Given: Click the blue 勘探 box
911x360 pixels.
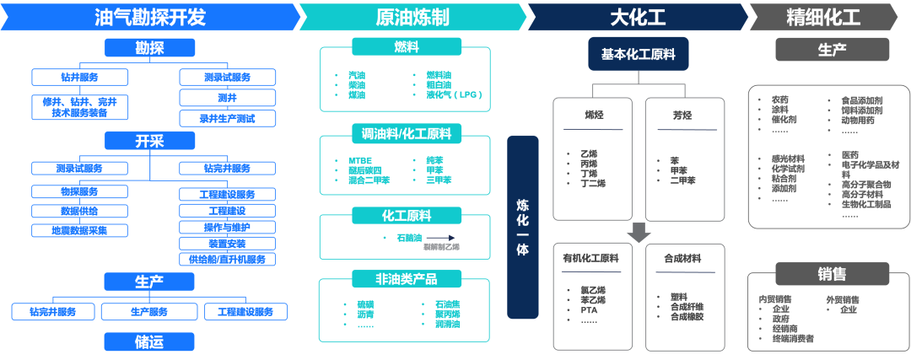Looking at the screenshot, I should [149, 48].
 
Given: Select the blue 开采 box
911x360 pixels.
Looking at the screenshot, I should [149, 140].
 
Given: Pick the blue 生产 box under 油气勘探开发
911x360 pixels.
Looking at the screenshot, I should [149, 281].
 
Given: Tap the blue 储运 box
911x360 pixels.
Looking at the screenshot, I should [149, 341].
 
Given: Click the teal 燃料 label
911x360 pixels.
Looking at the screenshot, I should [406, 46].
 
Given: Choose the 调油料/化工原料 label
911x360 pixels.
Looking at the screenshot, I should [406, 133].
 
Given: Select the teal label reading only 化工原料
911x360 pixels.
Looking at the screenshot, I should [406, 216].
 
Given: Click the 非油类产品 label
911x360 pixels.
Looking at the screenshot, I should [406, 278].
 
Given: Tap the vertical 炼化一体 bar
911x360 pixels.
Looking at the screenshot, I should [523, 227].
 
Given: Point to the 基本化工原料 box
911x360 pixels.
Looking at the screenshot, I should [639, 54].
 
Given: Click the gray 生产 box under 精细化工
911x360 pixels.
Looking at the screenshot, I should [832, 50].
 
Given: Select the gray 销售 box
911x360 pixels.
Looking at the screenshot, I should [832, 274].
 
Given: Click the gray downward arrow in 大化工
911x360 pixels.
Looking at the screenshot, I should [639, 232].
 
